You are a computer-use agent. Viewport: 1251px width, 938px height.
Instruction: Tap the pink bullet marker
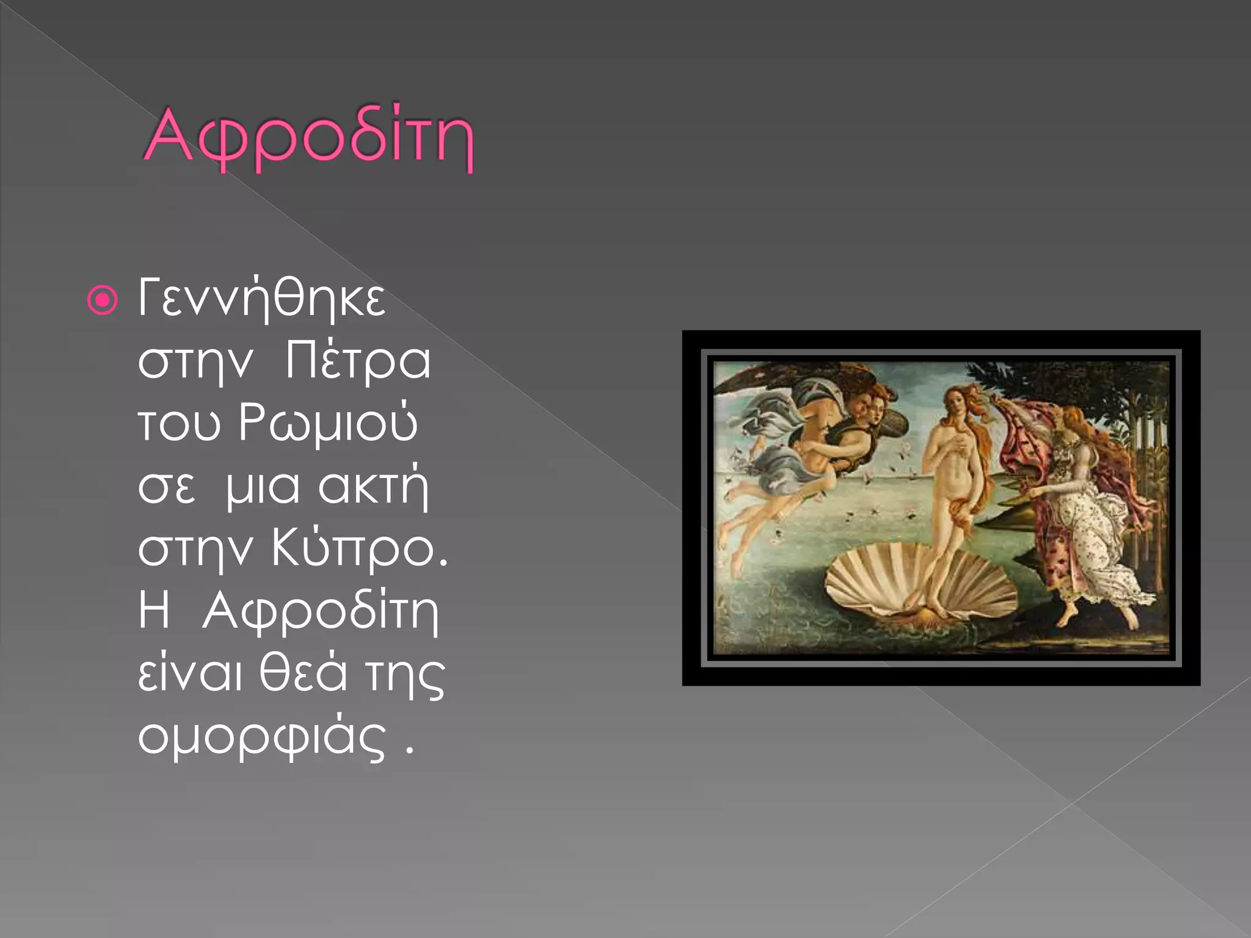tap(102, 300)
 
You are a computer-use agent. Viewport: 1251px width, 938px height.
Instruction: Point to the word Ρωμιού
tap(328, 423)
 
